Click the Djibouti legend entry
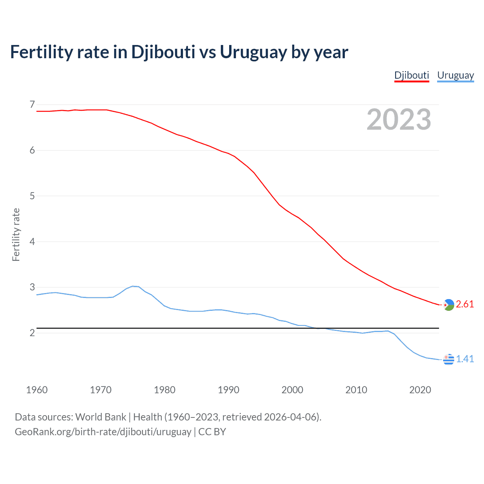411,75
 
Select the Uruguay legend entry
455,75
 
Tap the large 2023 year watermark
399,119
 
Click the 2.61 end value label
465,304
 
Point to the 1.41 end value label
465,359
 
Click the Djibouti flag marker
448,305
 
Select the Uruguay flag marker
448,359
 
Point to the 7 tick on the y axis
32,104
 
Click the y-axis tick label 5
32,196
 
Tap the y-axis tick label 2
32,333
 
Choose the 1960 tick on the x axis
37,390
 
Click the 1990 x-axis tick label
228,390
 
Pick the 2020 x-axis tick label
420,390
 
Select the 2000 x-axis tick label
292,390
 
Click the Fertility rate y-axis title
16,234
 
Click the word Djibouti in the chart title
163,52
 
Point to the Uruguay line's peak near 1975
133,286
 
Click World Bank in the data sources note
101,417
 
